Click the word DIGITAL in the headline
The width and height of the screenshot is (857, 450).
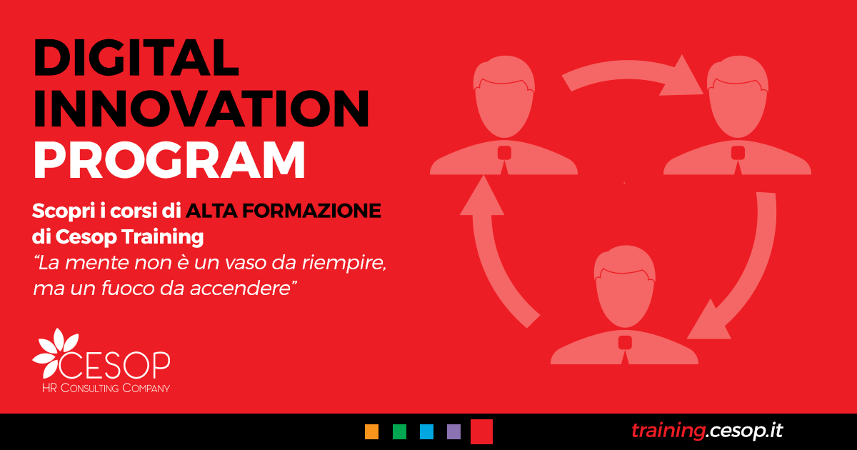coord(136,57)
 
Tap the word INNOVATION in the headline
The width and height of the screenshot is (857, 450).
coord(201,109)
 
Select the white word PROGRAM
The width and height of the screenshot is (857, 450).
coord(169,159)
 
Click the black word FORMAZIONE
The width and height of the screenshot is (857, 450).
coord(311,211)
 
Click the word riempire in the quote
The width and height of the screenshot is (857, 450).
coord(344,264)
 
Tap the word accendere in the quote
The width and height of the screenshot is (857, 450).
coord(241,289)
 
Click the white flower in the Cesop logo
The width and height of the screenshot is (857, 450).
coord(55,352)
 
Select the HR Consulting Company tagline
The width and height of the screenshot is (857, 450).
coord(106,388)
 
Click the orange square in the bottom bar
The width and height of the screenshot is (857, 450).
coord(371,431)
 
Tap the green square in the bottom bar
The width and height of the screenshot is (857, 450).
coord(399,431)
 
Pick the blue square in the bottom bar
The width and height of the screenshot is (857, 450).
coord(426,431)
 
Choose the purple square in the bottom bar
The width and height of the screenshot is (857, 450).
coord(453,431)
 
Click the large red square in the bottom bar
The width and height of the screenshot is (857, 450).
coord(481,431)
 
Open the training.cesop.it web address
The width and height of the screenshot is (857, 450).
coord(707,431)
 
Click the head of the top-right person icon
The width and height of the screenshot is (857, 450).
coord(737,96)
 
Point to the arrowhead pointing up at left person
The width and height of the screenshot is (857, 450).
coord(482,196)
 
